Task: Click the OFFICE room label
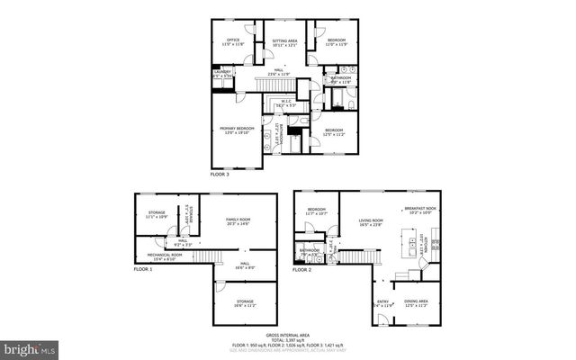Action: point(233,40)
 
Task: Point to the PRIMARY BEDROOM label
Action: point(238,130)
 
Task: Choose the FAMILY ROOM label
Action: point(238,220)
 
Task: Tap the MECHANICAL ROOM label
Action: point(165,255)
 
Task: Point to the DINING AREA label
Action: point(416,301)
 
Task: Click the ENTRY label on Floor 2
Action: point(382,302)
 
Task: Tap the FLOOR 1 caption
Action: point(143,269)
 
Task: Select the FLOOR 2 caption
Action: point(302,269)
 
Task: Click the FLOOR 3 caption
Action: point(220,174)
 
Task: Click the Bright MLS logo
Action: point(30,347)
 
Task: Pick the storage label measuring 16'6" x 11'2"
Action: point(245,302)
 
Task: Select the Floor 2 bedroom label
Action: point(316,211)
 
